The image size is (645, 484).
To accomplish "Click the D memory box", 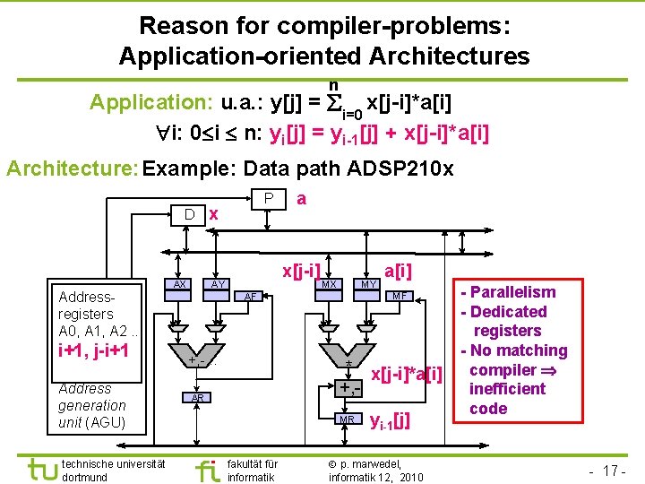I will coord(189,213).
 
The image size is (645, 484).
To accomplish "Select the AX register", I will coord(179,284).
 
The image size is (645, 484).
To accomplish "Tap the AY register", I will coord(216,284).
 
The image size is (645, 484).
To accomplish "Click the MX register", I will coord(329,284).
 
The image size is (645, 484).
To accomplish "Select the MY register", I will coord(366,284).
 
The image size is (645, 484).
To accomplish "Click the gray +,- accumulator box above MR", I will coord(348,388).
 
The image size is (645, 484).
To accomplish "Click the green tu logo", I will coord(40,468).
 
